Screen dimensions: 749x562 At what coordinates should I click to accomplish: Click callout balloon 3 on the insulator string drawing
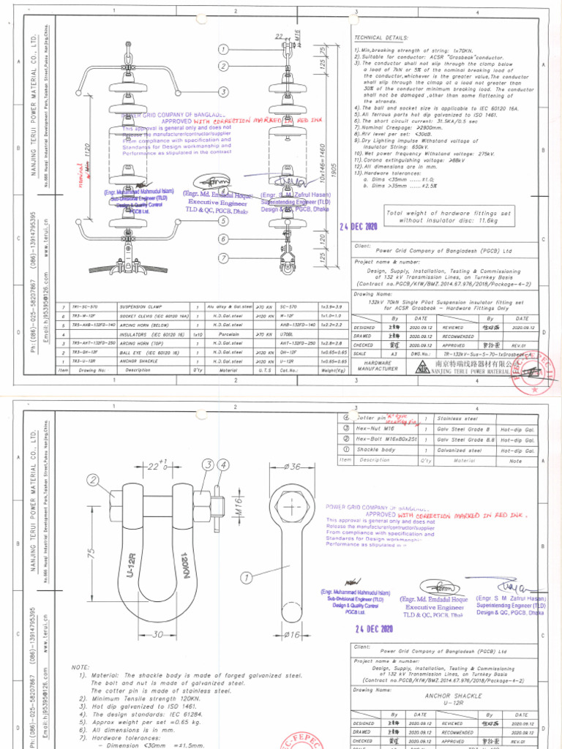(222, 91)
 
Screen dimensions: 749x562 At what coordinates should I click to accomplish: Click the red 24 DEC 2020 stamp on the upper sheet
(358, 227)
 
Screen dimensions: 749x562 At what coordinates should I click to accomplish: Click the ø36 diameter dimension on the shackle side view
(293, 467)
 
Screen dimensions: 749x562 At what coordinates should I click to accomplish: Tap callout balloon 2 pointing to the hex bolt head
(93, 480)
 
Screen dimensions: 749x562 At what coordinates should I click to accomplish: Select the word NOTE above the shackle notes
(80, 668)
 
